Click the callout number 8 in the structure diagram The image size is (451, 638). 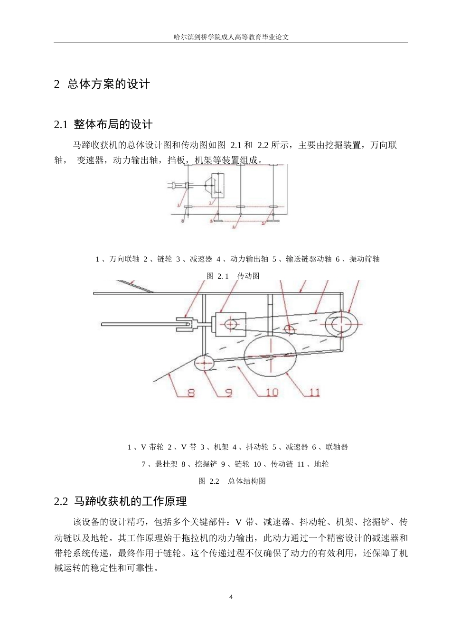(190, 393)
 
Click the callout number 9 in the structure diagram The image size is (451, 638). (228, 393)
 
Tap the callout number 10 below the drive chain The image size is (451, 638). (271, 393)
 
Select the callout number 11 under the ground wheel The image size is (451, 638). (314, 393)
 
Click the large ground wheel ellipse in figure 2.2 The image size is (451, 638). (270, 356)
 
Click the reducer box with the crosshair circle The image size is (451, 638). (231, 324)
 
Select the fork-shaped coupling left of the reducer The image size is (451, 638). (186, 324)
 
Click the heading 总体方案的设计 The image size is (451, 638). (109, 84)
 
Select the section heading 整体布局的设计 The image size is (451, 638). (113, 124)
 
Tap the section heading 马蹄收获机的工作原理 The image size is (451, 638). (130, 501)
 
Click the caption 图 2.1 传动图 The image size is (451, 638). (233, 276)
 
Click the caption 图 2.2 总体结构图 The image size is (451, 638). (232, 481)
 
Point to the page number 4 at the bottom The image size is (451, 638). (231, 597)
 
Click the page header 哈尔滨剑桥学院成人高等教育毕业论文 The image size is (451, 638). (231, 37)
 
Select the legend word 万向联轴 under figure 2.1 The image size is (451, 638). (124, 259)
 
